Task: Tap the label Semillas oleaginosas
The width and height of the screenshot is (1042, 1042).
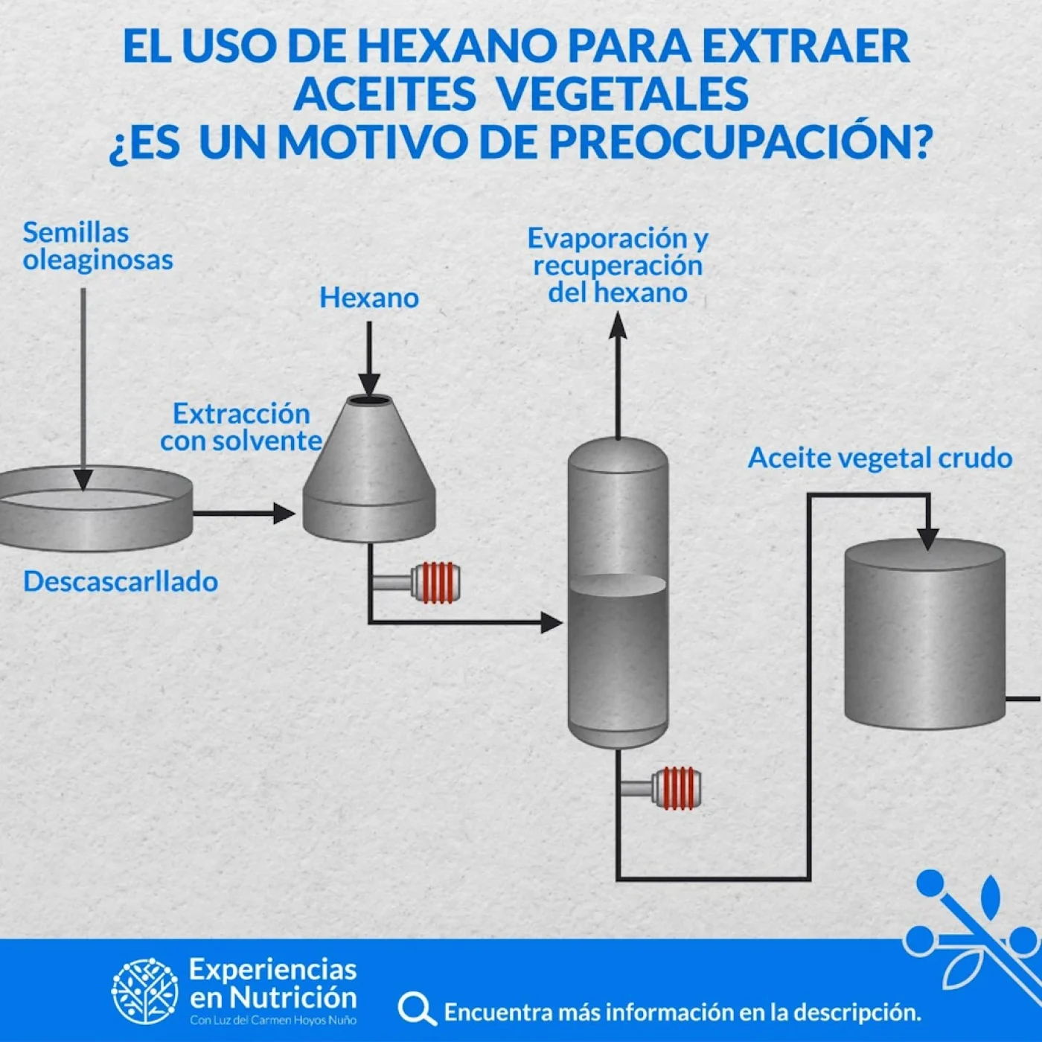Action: (98, 246)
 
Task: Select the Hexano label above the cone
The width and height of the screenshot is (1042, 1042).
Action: (369, 298)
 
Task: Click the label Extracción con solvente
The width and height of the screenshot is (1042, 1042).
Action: (241, 427)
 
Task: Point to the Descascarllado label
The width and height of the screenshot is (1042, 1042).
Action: (121, 581)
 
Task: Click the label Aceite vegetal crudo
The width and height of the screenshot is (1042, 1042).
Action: (880, 458)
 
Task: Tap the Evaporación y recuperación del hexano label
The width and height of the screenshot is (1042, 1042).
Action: (618, 265)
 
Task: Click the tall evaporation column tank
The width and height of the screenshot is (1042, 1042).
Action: (618, 595)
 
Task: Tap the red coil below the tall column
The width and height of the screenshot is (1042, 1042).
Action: (677, 788)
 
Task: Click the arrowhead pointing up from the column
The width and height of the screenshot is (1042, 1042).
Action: (618, 325)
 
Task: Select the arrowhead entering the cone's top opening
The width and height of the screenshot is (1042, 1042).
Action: (369, 384)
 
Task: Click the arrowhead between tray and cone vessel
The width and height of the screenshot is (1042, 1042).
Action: (284, 513)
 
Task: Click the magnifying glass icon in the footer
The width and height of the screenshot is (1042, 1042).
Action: (416, 1009)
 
